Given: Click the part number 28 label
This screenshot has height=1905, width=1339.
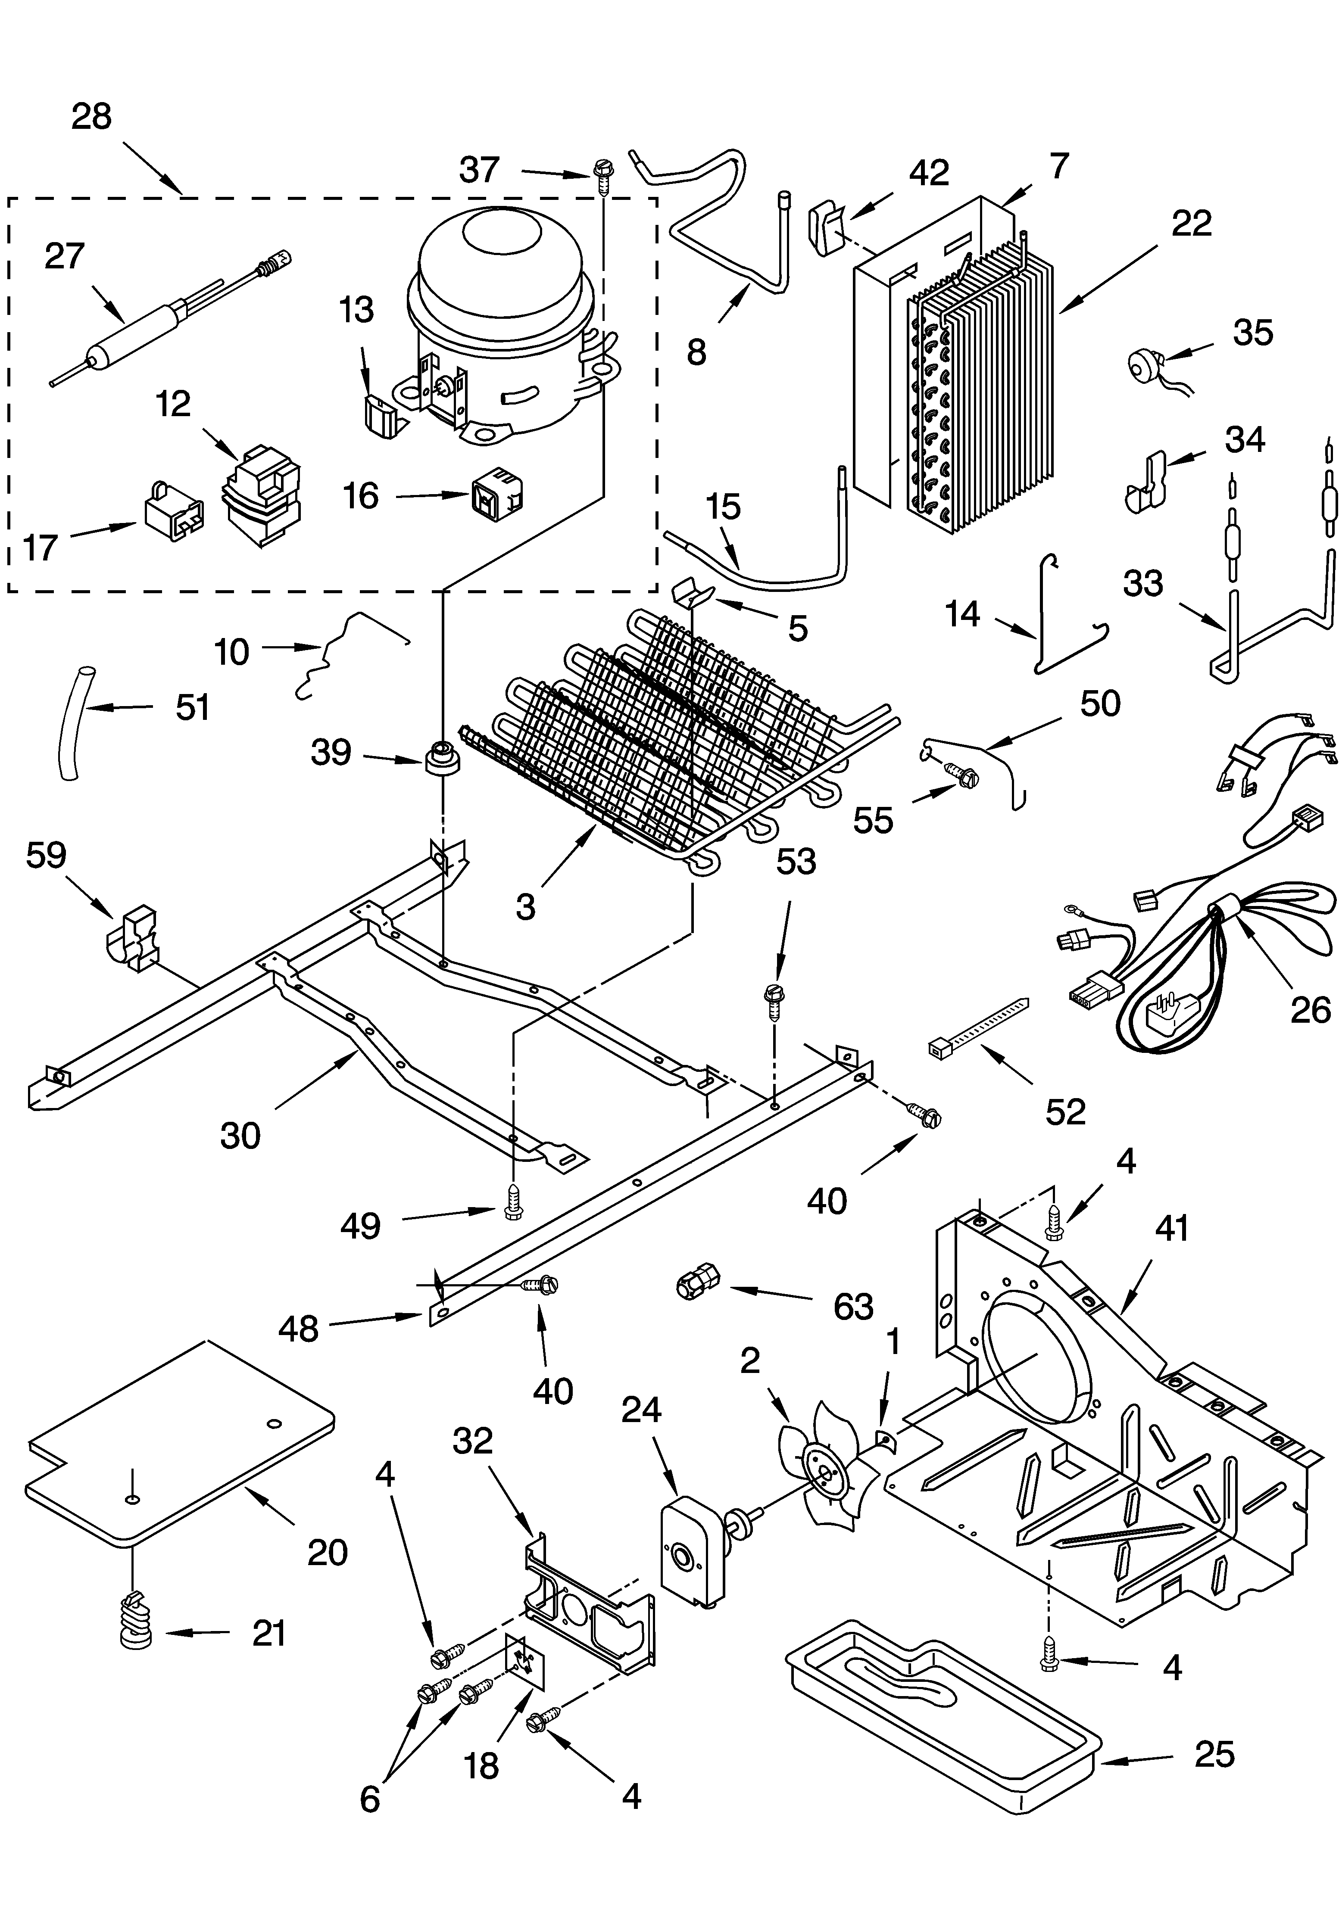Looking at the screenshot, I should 91,116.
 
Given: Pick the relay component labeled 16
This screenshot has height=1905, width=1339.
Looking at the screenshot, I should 496,498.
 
